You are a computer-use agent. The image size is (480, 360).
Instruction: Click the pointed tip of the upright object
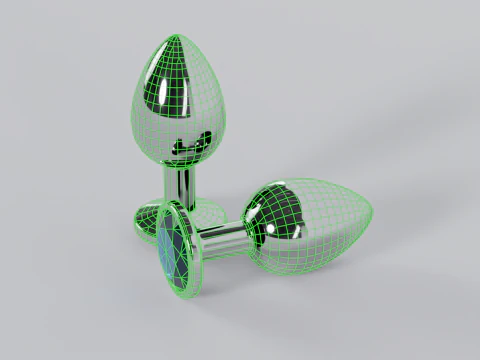pos(176,37)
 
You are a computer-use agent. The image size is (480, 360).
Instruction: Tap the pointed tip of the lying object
pos(371,212)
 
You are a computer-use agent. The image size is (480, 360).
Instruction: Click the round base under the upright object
pos(205,214)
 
